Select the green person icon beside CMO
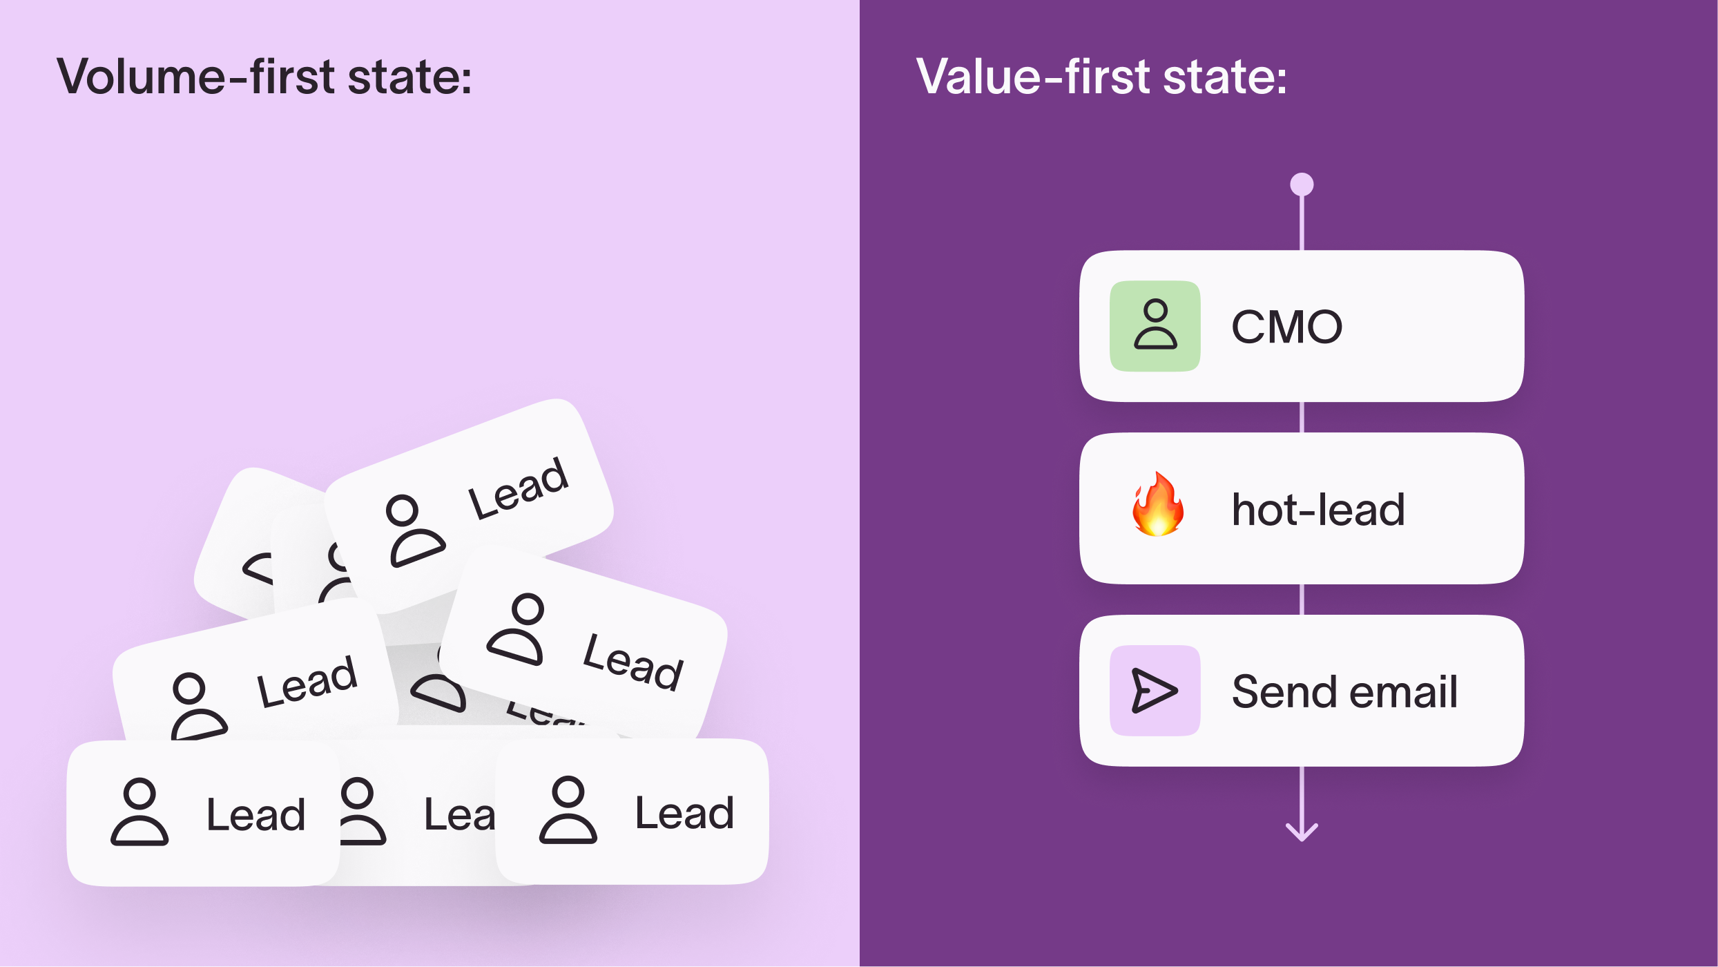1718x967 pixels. (x=1155, y=325)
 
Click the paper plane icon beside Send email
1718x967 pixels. (x=1155, y=690)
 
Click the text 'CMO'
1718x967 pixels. (x=1286, y=327)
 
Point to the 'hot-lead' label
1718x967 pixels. (x=1318, y=510)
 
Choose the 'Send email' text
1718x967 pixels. (x=1344, y=691)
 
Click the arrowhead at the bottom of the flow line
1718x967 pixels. (x=1302, y=832)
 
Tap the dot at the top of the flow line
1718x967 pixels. (x=1302, y=184)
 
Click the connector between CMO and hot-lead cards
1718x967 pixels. (x=1302, y=417)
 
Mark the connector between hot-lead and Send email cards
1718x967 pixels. (x=1302, y=600)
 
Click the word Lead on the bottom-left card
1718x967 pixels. (x=255, y=815)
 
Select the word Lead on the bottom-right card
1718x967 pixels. (x=684, y=814)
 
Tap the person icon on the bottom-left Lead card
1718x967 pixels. (x=139, y=812)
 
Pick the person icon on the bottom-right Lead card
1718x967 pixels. (x=568, y=811)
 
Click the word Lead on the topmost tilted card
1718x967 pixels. (x=518, y=488)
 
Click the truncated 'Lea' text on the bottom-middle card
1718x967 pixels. (x=459, y=815)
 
